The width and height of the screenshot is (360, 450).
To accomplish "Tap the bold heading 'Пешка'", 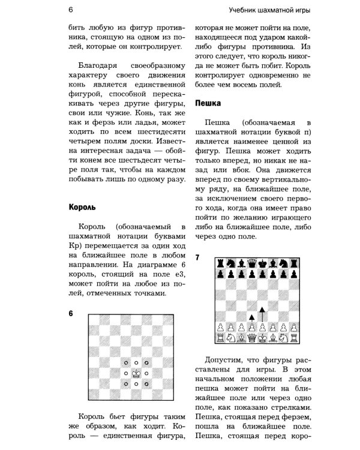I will coord(209,103).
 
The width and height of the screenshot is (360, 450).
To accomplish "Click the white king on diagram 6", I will coord(136,373).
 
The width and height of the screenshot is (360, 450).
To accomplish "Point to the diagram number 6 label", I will coord(70,314).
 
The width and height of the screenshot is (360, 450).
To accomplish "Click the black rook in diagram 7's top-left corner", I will coord(219,263).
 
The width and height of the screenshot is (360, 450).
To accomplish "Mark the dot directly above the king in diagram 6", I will coord(136,362).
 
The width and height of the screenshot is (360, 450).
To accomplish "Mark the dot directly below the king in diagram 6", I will coord(136,383).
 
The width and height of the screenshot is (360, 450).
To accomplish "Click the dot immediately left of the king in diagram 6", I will coord(125,373).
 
